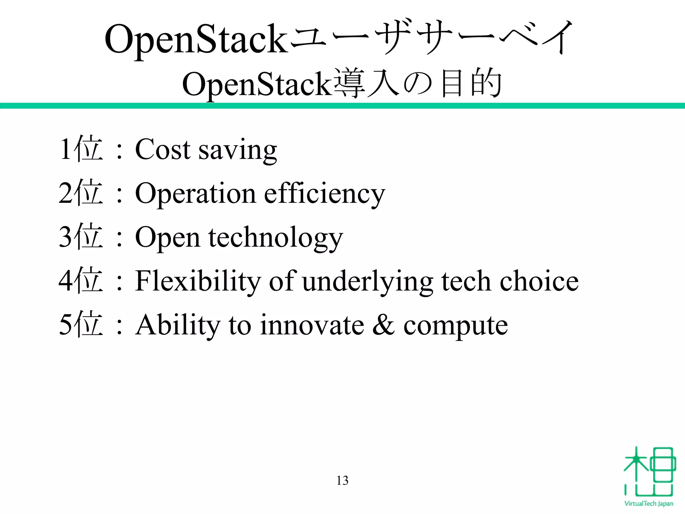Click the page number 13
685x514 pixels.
coord(342,481)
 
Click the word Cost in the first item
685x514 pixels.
coord(163,149)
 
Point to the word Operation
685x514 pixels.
coord(195,194)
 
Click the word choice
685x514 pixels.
coord(539,281)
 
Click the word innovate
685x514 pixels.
coord(312,325)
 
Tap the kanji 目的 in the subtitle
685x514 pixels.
coord(471,84)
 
